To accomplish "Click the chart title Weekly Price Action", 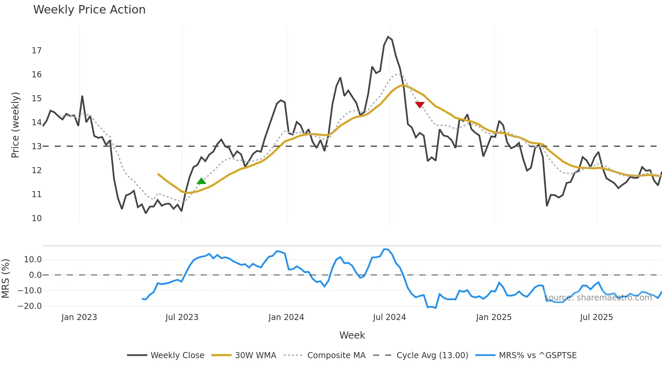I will [x=89, y=10].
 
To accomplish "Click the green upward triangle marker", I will [x=201, y=181].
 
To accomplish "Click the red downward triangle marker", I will [x=419, y=105].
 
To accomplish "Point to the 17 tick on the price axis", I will [x=37, y=51].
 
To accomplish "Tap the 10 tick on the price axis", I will [x=37, y=218].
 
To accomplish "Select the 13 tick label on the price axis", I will [x=37, y=147].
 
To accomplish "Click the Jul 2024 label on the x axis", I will [x=389, y=317].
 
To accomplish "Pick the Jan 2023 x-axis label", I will [x=79, y=317].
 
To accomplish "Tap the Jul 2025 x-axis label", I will [x=596, y=317].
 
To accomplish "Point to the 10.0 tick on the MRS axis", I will [x=33, y=260].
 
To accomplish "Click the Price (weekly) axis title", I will [x=15, y=125].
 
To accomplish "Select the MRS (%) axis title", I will [x=5, y=278].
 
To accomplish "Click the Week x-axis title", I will [x=352, y=335].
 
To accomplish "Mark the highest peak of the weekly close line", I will [x=388, y=37].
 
